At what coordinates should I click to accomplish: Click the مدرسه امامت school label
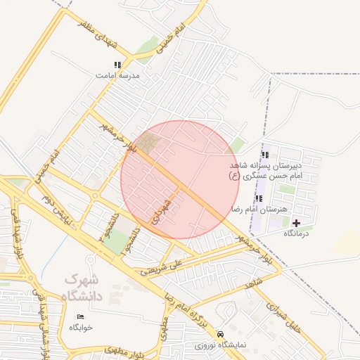(118, 75)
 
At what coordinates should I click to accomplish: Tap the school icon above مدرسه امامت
(117, 65)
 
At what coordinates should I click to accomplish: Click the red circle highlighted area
(180, 180)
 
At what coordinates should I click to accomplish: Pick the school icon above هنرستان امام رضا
(259, 199)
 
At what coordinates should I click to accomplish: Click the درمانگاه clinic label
(296, 233)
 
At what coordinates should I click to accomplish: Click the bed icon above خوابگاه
(80, 317)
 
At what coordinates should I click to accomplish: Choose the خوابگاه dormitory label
(80, 328)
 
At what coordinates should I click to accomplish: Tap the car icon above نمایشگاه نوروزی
(221, 334)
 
